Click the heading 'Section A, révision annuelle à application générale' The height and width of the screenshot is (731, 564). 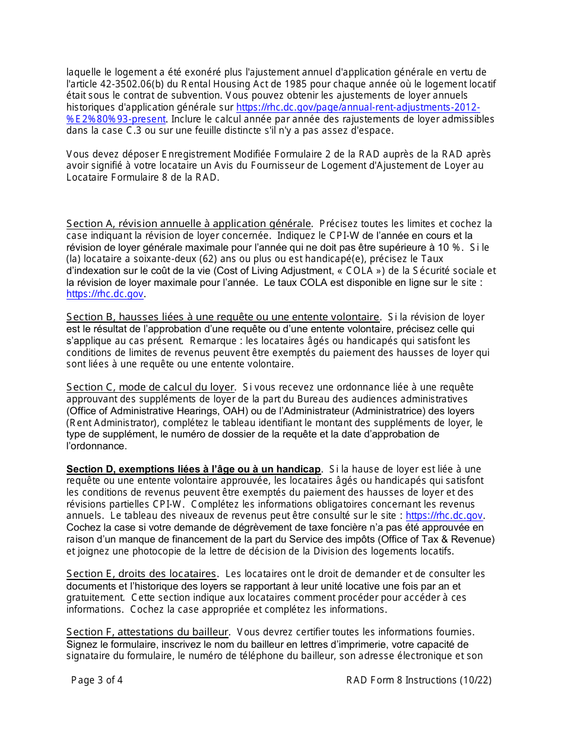pos(189,224)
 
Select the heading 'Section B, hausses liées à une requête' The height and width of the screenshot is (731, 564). pos(223,317)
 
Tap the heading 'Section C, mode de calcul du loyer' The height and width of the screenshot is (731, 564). pos(150,387)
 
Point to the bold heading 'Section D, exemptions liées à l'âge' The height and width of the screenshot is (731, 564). pos(194,470)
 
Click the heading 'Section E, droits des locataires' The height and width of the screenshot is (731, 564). pos(141,574)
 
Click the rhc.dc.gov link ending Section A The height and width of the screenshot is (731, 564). pos(105,294)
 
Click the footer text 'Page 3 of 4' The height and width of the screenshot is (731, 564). pos(97,680)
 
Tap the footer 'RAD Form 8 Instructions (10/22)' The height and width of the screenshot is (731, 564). pos(419,680)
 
